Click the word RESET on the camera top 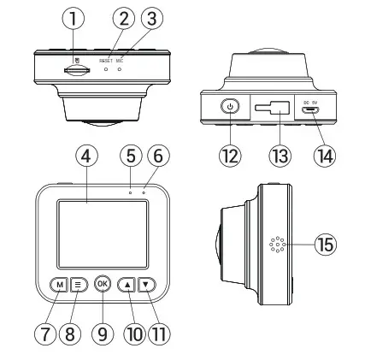105,61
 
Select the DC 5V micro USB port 315,110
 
